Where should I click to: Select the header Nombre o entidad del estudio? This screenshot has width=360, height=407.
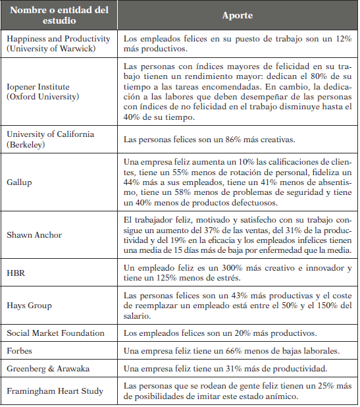coord(61,14)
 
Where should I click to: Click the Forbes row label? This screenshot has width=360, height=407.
coord(21,350)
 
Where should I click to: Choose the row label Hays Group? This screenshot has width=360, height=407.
coord(29,305)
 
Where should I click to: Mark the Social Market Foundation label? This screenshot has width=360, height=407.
coord(56,333)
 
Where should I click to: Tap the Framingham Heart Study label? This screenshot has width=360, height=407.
coord(55,391)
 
